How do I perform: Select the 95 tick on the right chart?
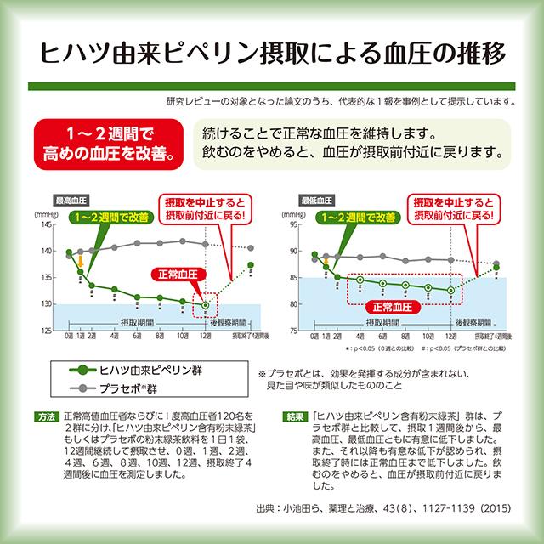pos(293,225)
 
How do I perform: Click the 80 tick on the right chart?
pos(293,303)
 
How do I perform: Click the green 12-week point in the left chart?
pos(205,304)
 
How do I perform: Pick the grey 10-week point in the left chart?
pos(182,241)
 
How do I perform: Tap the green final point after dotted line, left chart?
pos(251,265)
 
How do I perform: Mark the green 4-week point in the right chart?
pos(360,280)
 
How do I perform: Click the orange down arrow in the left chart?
pos(80,264)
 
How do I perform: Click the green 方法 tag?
pos(47,416)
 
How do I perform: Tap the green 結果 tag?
pos(297,416)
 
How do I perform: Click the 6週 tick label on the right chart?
pos(382,337)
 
